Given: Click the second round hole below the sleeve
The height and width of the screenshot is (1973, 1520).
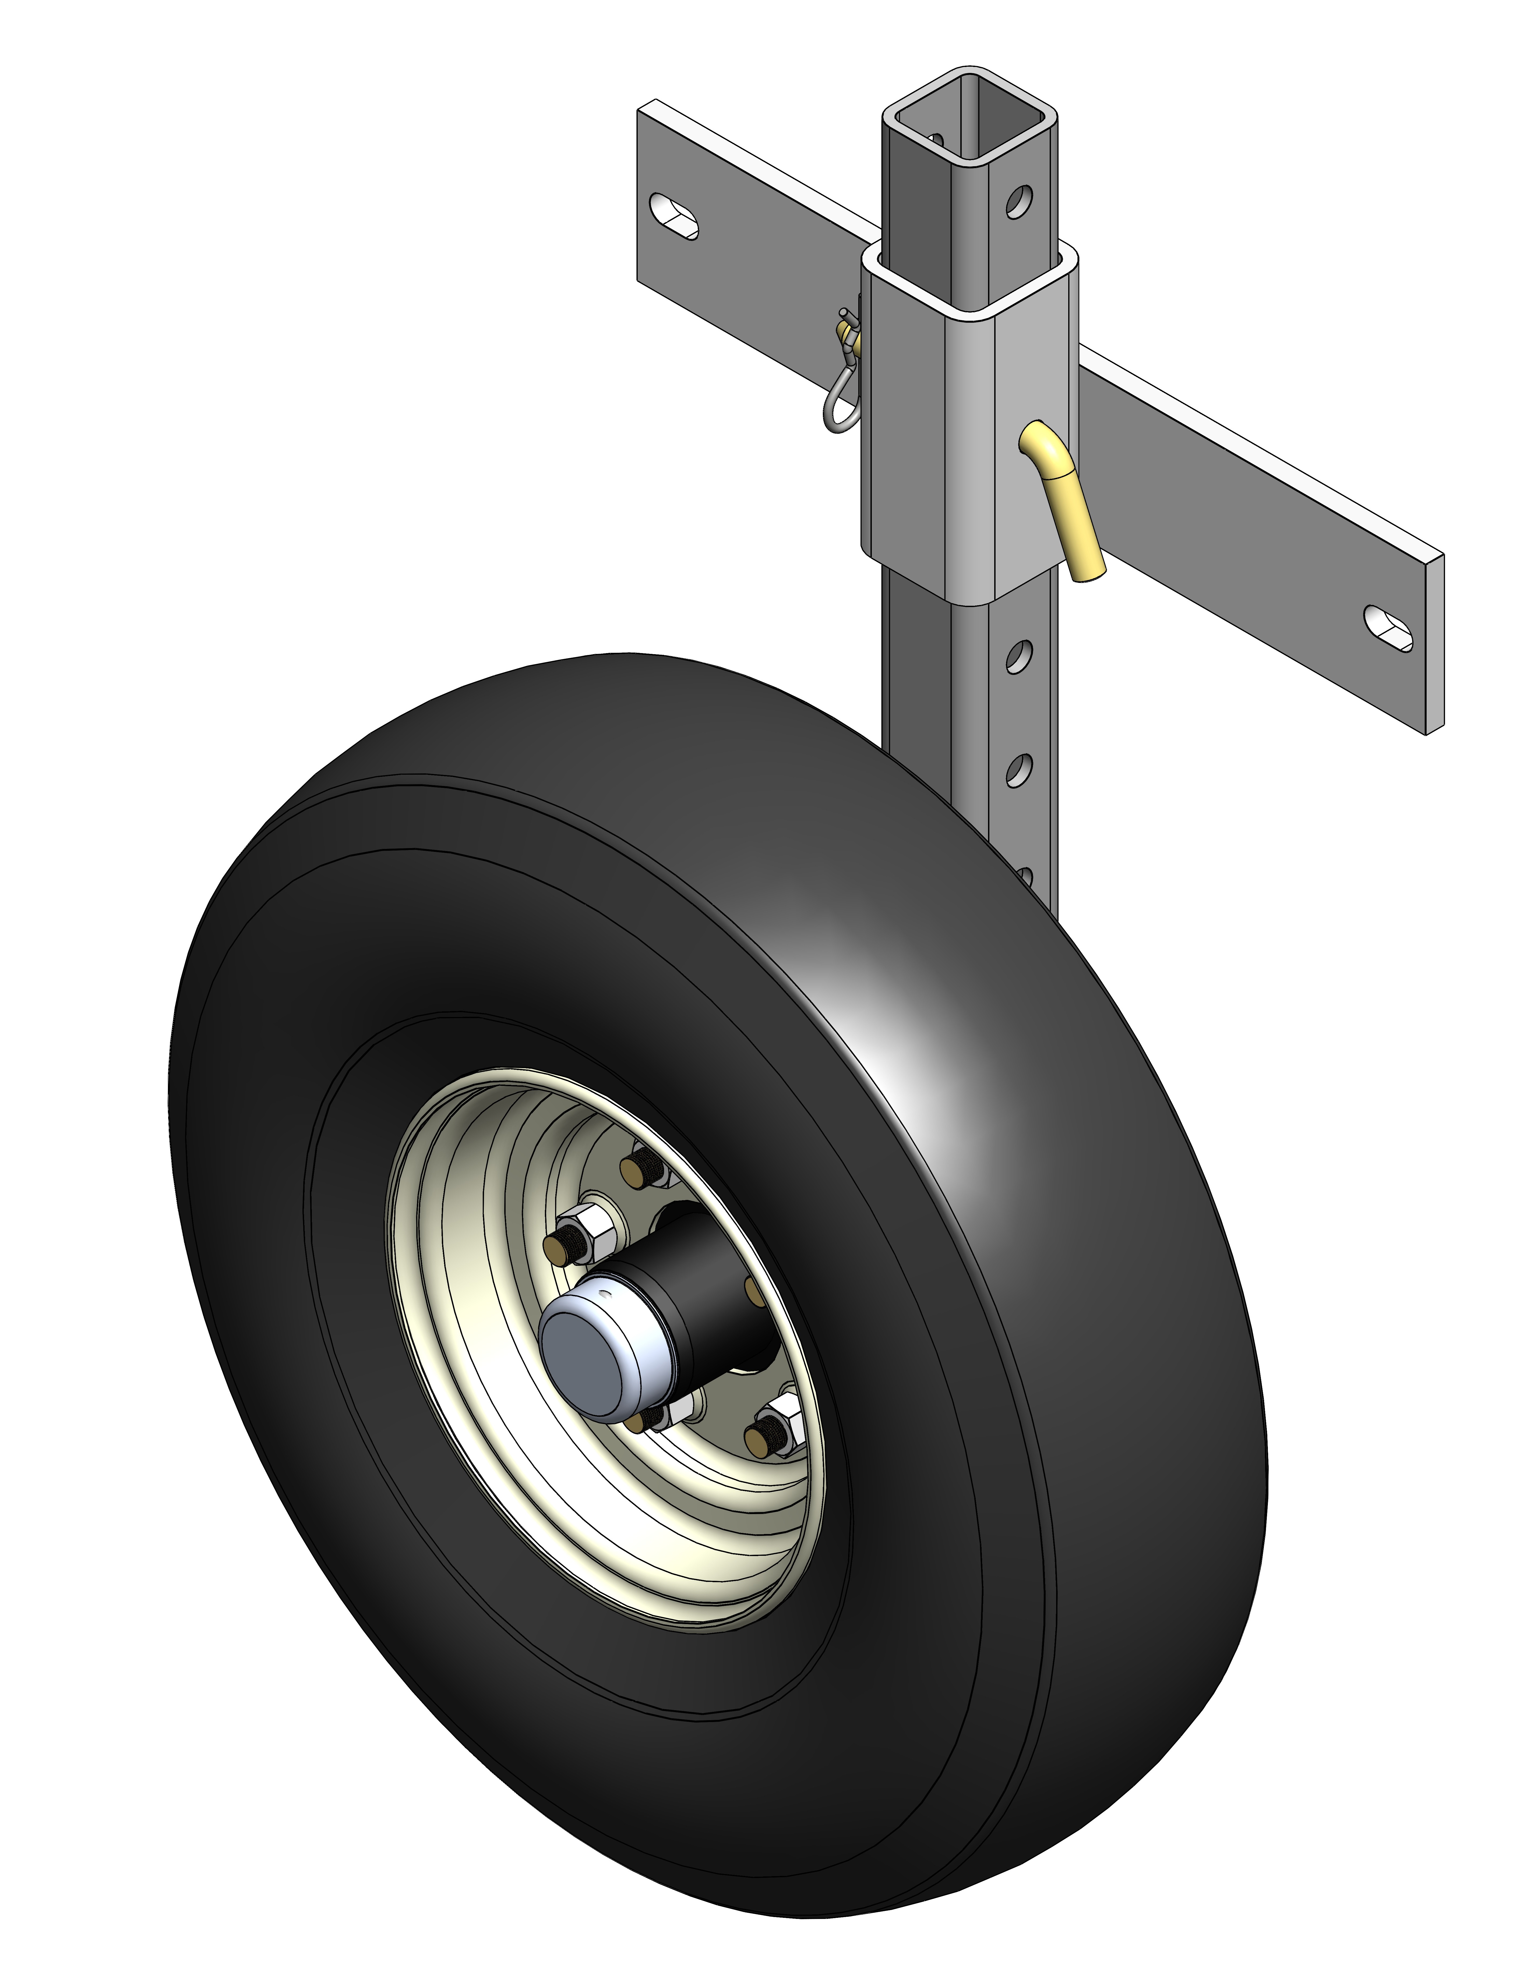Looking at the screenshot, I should tap(1018, 771).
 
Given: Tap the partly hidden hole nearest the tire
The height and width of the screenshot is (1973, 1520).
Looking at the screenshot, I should tap(1025, 874).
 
